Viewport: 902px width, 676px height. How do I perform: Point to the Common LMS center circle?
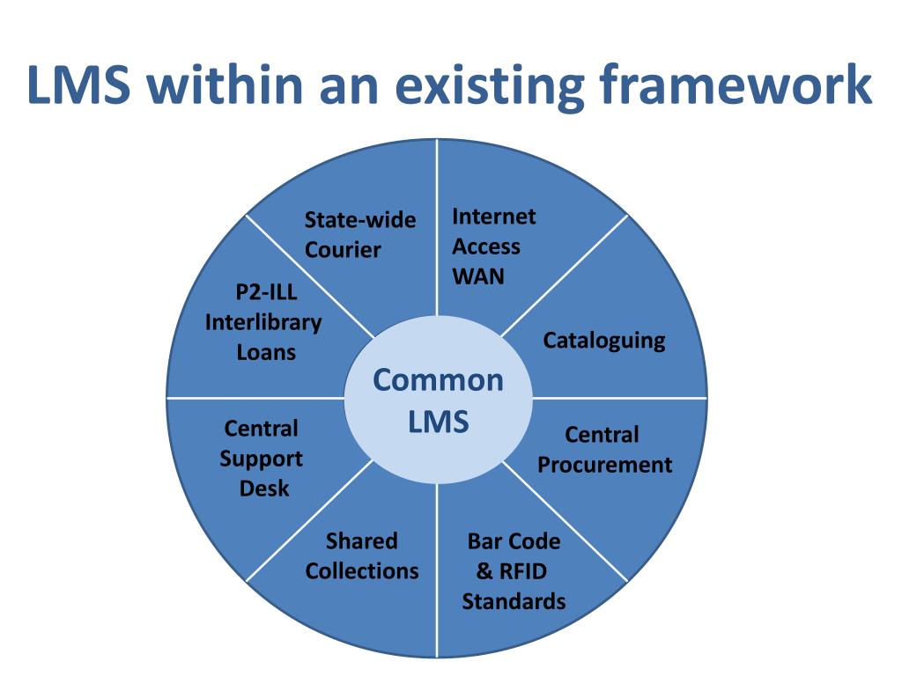click(437, 401)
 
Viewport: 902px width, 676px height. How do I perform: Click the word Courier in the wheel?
click(343, 250)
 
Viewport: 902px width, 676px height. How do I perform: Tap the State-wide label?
click(359, 220)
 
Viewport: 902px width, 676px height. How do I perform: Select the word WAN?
click(478, 276)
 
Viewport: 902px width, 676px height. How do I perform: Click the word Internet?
click(493, 217)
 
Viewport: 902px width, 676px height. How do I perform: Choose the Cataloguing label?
click(603, 341)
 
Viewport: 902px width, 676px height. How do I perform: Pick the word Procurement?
click(604, 465)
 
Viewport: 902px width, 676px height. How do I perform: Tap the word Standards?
click(514, 602)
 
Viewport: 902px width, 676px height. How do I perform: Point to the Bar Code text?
click(514, 541)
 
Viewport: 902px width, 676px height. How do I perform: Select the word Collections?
click(362, 571)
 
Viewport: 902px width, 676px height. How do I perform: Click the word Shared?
click(362, 541)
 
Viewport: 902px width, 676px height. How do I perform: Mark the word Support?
click(262, 459)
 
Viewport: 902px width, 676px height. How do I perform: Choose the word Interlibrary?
click(263, 323)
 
